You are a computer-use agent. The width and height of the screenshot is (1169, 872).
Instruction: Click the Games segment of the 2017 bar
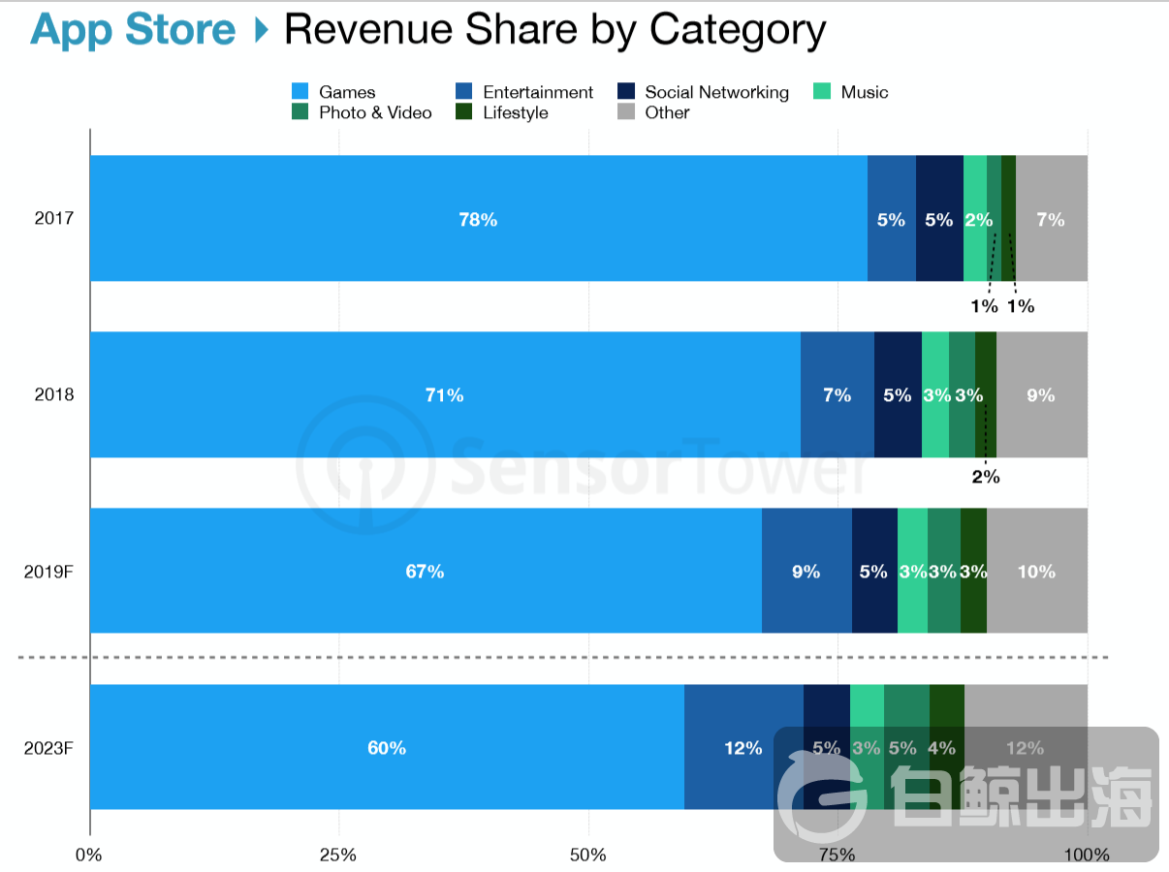(478, 219)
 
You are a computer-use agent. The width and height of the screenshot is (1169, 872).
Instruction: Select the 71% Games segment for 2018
(444, 395)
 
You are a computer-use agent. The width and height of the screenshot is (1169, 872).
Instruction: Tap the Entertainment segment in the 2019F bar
(806, 572)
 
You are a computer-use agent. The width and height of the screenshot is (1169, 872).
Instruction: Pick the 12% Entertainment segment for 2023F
(742, 748)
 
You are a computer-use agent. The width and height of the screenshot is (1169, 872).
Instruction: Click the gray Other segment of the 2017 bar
(1051, 219)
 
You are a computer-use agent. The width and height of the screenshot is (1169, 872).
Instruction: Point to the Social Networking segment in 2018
(897, 395)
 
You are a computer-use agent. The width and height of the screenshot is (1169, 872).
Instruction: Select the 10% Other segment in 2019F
(1036, 572)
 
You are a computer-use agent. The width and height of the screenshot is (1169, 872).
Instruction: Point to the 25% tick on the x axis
(338, 855)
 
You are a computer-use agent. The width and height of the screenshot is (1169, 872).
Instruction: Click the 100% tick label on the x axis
(1087, 855)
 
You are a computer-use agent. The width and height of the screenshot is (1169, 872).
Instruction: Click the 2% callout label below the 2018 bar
(985, 477)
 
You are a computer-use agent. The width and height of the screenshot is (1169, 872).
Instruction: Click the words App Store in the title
(133, 30)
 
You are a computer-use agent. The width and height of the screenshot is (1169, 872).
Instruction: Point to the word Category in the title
(738, 30)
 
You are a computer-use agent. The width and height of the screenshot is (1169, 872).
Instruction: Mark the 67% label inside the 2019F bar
(425, 572)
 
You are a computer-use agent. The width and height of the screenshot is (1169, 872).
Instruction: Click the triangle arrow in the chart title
(260, 30)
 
